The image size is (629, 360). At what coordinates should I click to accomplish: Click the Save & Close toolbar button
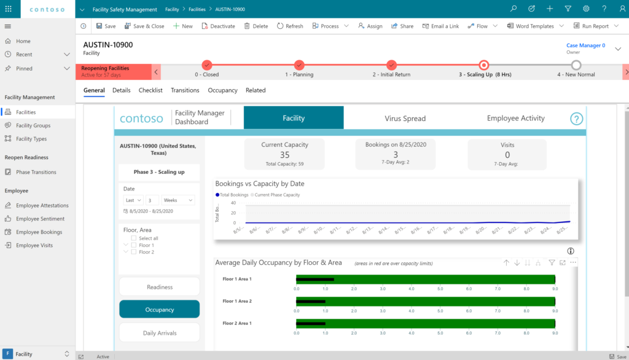click(144, 26)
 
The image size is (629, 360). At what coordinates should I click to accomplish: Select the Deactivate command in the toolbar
click(218, 26)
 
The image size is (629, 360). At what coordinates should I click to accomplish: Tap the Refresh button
click(290, 26)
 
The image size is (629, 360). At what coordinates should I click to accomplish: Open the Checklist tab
click(150, 90)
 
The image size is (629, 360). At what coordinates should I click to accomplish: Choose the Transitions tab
click(185, 90)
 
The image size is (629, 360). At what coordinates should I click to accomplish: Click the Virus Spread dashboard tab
click(405, 119)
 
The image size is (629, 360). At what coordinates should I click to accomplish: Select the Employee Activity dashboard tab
click(515, 119)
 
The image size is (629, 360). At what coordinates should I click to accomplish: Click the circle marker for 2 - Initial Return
click(391, 65)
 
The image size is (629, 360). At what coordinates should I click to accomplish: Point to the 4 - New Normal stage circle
click(576, 65)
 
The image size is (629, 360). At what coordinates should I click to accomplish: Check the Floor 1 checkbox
click(134, 245)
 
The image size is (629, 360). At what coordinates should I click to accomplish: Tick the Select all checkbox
click(134, 238)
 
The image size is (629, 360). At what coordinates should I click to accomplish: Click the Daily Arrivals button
click(160, 333)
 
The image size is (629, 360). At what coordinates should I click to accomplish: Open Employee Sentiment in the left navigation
click(40, 219)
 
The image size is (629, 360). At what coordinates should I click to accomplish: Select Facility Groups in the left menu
click(33, 125)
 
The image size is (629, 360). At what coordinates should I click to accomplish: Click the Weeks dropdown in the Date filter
click(179, 200)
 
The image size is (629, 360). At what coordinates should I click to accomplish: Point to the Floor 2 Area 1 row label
click(237, 323)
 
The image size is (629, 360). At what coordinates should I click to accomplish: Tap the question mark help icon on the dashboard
click(576, 119)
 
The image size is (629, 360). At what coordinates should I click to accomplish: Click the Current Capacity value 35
click(284, 155)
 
